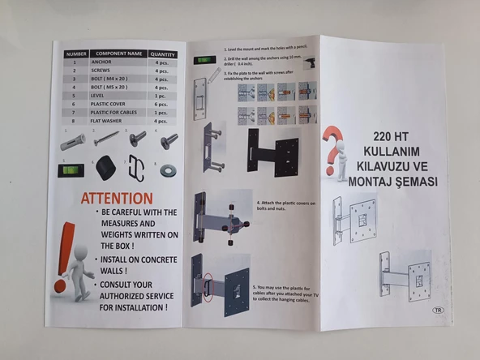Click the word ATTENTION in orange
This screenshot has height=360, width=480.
116,198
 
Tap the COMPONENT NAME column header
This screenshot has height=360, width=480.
119,54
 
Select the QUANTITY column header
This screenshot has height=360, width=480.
163,54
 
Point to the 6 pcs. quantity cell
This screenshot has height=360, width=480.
162,103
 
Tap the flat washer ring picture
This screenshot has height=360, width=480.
169,170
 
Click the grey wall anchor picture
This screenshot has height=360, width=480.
72,142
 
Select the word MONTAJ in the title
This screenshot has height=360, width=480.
375,182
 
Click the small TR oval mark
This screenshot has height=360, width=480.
437,310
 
